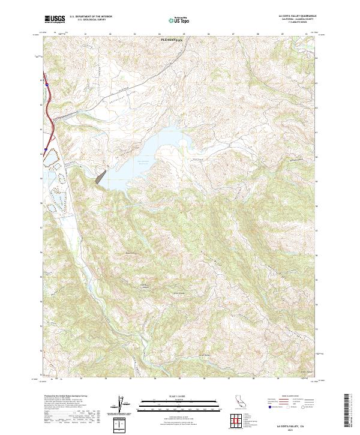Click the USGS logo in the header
pos(55,19)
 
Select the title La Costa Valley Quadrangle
pos(296,16)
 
